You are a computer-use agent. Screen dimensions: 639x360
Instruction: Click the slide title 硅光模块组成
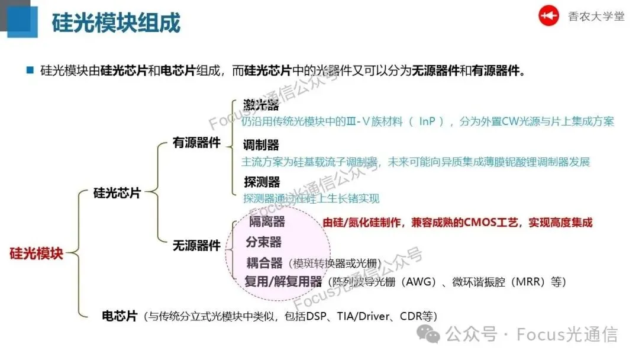116,23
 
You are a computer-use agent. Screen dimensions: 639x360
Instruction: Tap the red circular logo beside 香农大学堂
548,16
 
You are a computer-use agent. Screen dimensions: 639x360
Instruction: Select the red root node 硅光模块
36,253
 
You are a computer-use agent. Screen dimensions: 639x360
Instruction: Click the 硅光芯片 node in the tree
117,193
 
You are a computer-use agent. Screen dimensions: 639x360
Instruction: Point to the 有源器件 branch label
196,143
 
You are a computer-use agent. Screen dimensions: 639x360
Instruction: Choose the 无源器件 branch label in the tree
196,245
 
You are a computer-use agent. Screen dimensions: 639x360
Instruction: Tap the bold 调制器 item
261,145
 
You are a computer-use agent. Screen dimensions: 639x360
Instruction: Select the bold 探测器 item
262,182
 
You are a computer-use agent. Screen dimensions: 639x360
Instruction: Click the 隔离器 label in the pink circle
267,221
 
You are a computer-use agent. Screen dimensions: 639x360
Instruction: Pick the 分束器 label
263,242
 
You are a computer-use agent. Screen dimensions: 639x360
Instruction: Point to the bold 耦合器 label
264,263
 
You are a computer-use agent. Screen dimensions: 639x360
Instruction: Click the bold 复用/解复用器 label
283,282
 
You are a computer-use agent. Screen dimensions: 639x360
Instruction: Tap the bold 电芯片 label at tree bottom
120,316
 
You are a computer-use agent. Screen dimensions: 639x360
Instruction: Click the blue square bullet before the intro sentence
30,70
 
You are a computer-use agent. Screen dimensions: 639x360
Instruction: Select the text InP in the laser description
431,121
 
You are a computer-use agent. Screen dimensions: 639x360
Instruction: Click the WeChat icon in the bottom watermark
428,335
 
